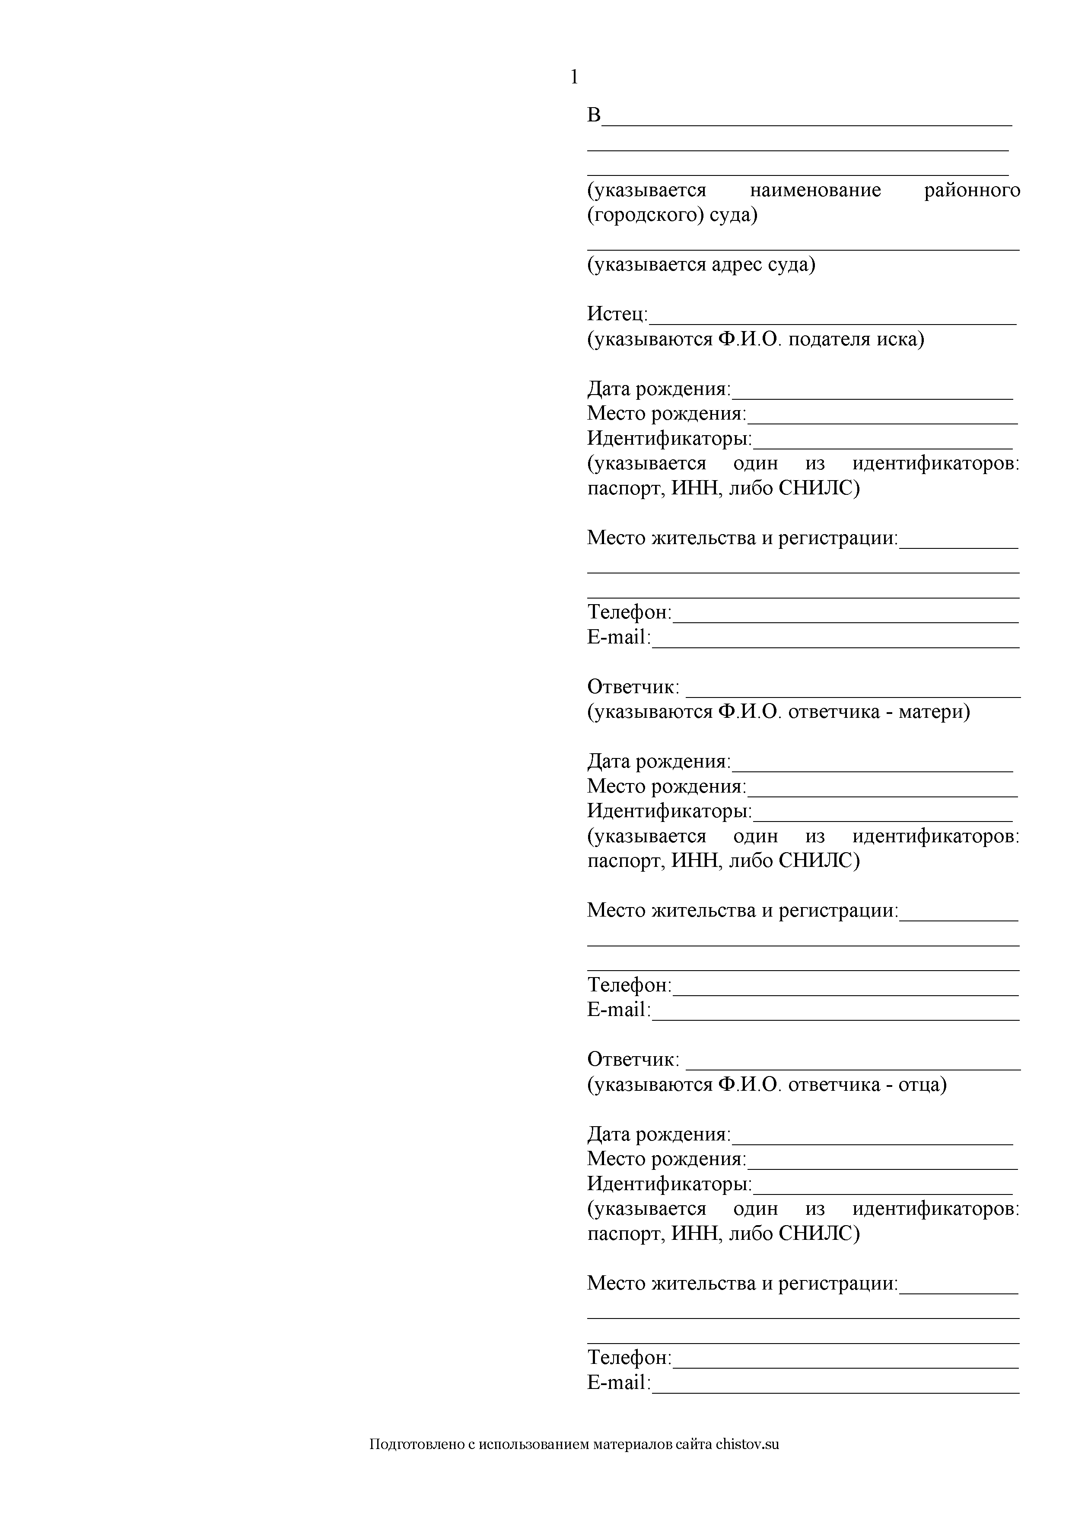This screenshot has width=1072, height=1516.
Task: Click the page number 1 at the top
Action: [574, 77]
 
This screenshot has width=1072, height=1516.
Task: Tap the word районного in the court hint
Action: [972, 190]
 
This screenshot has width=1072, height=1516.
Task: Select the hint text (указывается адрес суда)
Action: [701, 265]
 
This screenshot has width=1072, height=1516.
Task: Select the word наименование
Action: [815, 190]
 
